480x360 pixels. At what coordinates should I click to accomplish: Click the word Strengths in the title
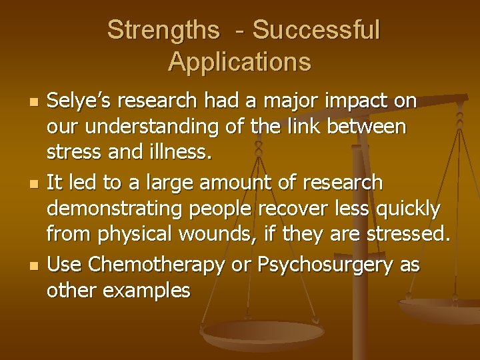tap(163, 30)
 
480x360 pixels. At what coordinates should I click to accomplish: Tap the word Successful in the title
tap(316, 30)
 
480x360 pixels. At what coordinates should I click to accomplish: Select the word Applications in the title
tap(239, 61)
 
